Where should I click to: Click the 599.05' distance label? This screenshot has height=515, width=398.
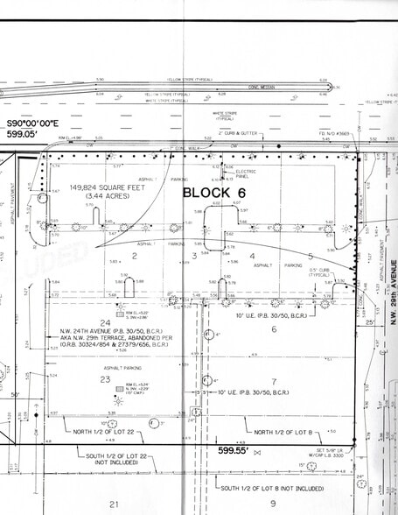[x=27, y=136]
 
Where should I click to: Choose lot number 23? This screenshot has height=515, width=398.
[x=104, y=379]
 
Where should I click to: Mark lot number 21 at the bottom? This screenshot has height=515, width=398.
[x=113, y=504]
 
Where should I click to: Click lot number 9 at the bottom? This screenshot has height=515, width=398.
[x=273, y=503]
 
